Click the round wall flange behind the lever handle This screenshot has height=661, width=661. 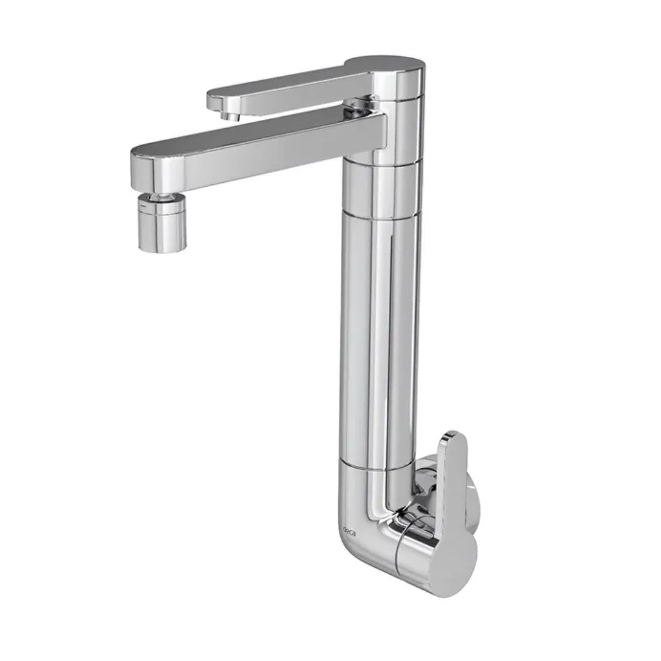point(475,505)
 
